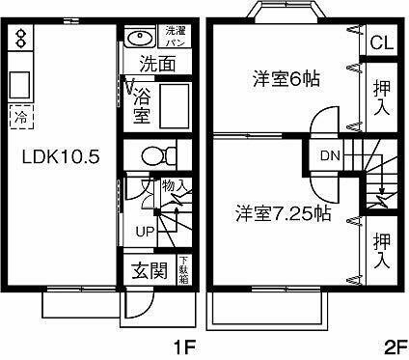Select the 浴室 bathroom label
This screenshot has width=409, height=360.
click(142, 103)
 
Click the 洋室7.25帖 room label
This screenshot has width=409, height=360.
click(281, 214)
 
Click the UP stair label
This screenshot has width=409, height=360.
click(144, 232)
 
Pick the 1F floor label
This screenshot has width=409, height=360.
click(185, 345)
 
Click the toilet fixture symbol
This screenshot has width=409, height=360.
click(155, 154)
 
